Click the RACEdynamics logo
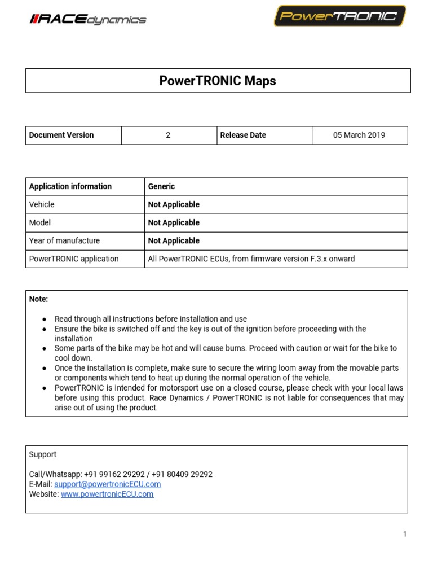point(87,20)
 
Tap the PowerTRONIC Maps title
point(218,81)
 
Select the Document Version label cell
point(61,135)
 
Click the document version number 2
point(168,135)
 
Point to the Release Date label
point(243,135)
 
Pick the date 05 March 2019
point(359,135)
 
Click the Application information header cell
point(70,186)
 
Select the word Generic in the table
point(162,186)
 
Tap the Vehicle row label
point(42,204)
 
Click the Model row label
point(40,222)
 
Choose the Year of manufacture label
point(64,240)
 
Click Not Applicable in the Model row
point(174,222)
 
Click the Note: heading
point(39,299)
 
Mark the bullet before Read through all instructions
point(44,319)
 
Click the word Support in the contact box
point(43,454)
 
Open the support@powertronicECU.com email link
point(108,484)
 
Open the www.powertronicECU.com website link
point(107,494)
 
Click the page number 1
point(405,534)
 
